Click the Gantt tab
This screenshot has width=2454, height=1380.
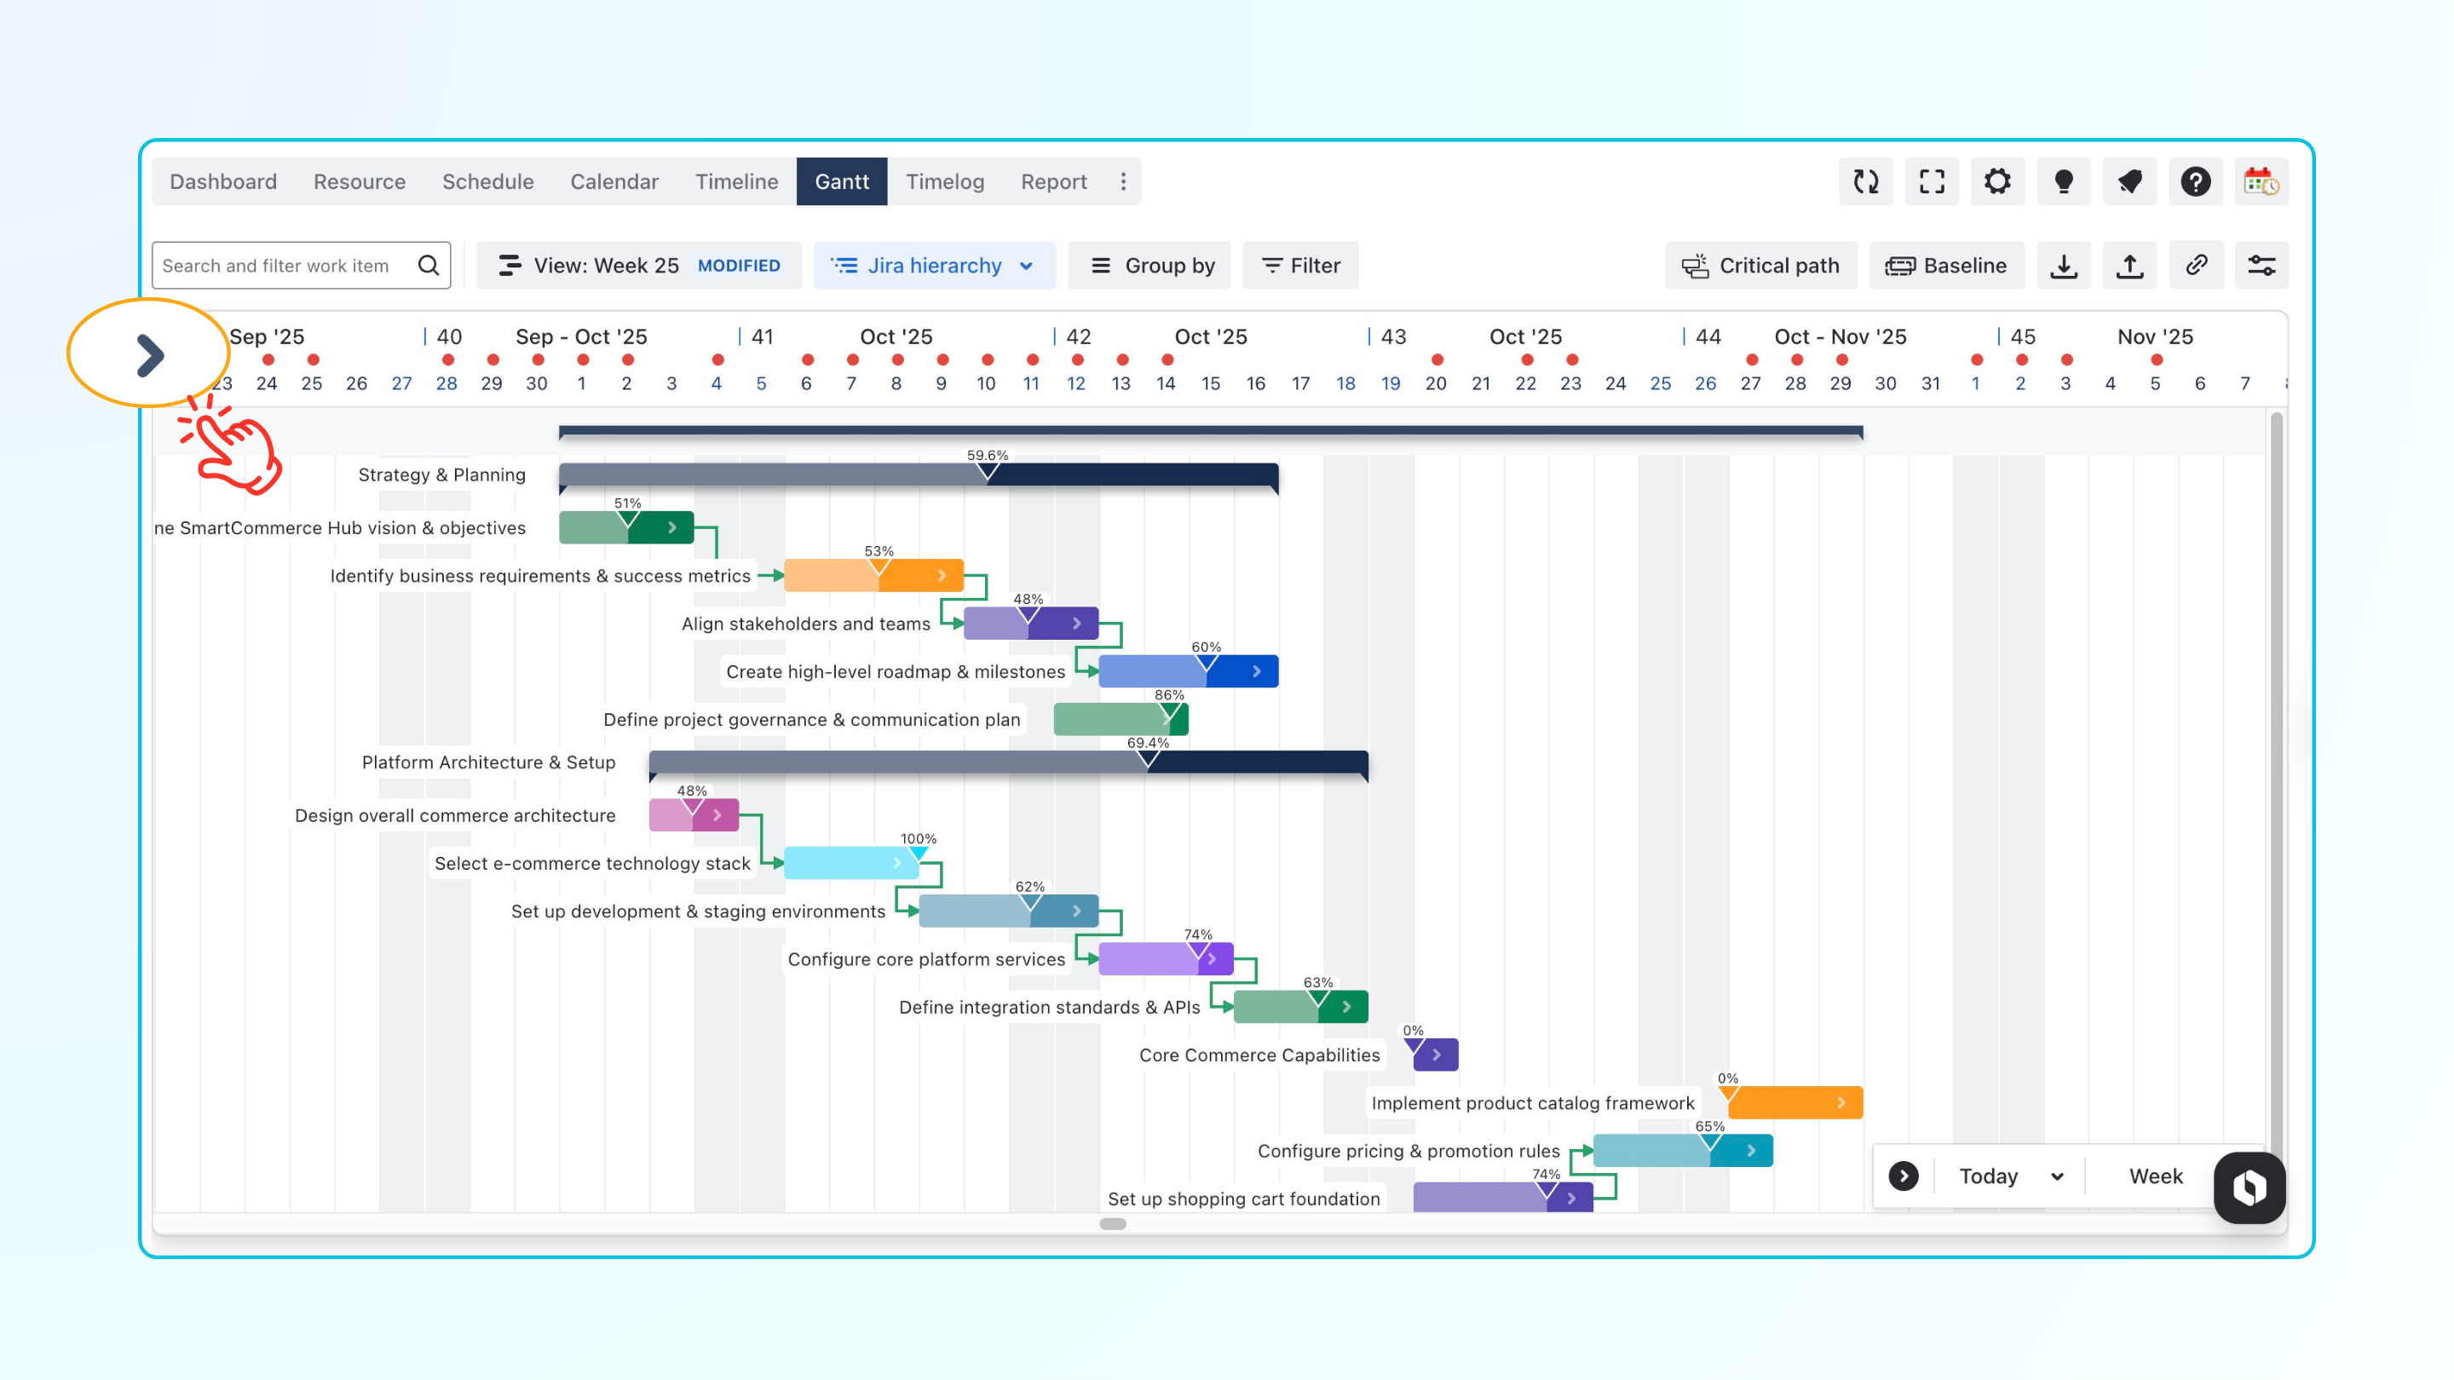pyautogui.click(x=841, y=181)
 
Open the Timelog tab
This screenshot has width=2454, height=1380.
pyautogui.click(x=944, y=181)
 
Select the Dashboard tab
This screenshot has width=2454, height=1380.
pyautogui.click(x=223, y=181)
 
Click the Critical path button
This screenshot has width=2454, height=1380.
pyautogui.click(x=1760, y=266)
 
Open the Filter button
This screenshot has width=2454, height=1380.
pyautogui.click(x=1300, y=266)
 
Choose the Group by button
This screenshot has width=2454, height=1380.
pyautogui.click(x=1152, y=266)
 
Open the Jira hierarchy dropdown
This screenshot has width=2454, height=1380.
pyautogui.click(x=934, y=266)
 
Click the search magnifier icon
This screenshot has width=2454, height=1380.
pyautogui.click(x=429, y=266)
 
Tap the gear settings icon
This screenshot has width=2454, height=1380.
pyautogui.click(x=1996, y=181)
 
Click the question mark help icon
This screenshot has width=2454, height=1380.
pyautogui.click(x=2195, y=181)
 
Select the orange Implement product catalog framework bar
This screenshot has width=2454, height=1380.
pyautogui.click(x=1794, y=1103)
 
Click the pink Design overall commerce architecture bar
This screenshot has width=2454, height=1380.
pyautogui.click(x=694, y=815)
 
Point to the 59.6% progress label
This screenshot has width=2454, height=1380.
pyautogui.click(x=987, y=455)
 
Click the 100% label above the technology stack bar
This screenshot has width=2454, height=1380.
pyautogui.click(x=919, y=839)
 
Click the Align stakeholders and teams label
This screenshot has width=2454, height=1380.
pyautogui.click(x=805, y=624)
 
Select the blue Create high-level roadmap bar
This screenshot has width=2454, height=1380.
pyautogui.click(x=1187, y=671)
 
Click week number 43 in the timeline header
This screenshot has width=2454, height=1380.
pyautogui.click(x=1393, y=336)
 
